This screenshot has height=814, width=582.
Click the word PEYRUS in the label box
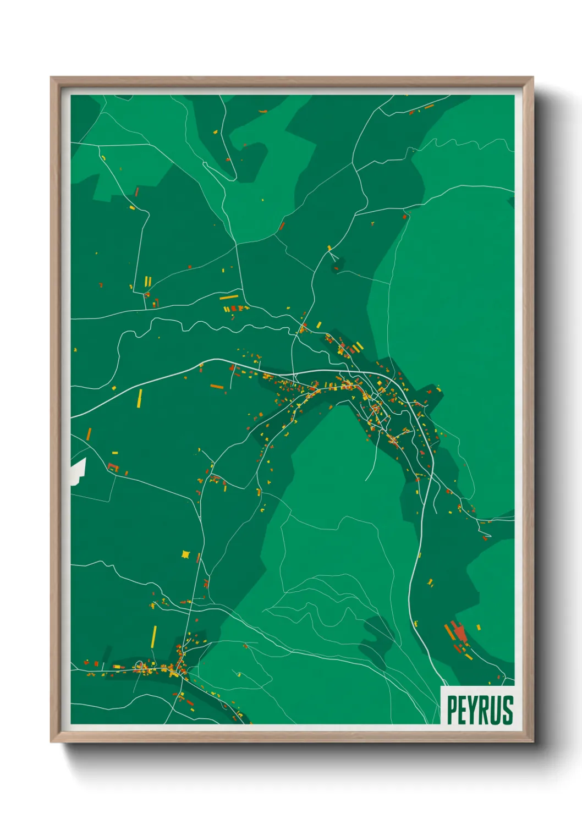pos(480,710)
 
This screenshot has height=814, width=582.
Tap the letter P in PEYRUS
pos(452,710)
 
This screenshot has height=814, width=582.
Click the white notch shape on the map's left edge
pos(78,471)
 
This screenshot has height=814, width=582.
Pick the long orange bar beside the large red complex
pos(449,632)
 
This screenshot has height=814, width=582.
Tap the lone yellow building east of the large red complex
pos(478,627)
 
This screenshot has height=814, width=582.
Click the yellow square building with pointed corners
pos(185,554)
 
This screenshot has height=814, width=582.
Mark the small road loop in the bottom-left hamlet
pos(139,665)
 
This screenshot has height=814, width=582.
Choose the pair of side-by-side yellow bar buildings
pos(147,282)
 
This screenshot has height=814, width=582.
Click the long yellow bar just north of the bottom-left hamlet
pos(154,636)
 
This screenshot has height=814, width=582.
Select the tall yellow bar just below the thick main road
pos(140,398)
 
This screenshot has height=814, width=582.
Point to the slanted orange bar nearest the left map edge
pos(89,433)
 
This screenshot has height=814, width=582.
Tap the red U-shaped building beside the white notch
pos(113,467)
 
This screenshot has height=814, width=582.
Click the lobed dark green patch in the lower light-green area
pos(378,635)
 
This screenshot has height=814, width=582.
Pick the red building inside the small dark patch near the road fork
pos(336,268)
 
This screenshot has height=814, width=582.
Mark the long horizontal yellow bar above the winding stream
pos(229,297)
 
